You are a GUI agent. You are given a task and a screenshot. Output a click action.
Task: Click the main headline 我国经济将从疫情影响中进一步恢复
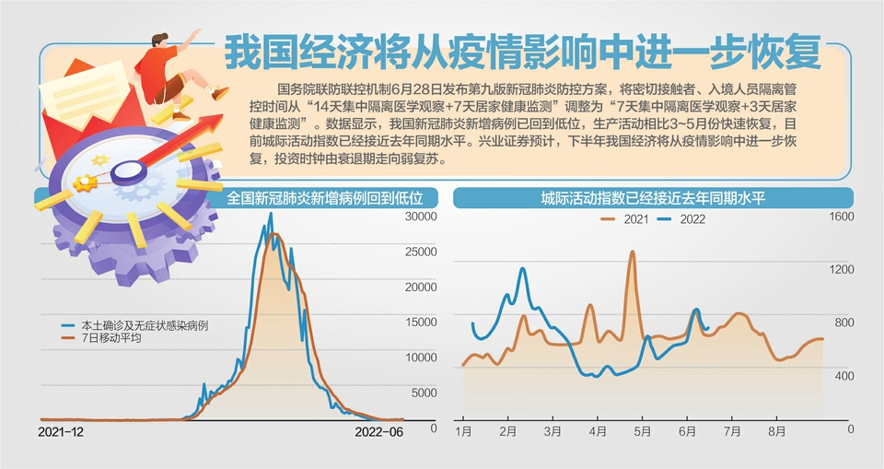pos(522,53)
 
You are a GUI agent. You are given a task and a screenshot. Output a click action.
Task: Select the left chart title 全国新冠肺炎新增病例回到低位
pos(331,197)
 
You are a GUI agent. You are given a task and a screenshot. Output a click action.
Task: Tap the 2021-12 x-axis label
pos(61,430)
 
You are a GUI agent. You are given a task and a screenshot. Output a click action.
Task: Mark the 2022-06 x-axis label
pos(379,430)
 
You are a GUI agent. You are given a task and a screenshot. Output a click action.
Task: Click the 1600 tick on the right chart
pos(843,217)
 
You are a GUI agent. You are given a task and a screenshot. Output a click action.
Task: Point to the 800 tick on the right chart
pos(843,322)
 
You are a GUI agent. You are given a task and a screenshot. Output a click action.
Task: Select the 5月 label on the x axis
pos(642,430)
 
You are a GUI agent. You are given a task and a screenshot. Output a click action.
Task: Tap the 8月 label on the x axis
pos(777,430)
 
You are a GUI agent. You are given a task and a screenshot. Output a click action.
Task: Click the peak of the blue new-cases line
pos(270,215)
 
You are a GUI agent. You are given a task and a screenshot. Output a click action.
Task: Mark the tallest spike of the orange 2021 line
pos(633,252)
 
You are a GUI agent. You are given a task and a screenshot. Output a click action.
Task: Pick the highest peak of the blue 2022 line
pos(522,269)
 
